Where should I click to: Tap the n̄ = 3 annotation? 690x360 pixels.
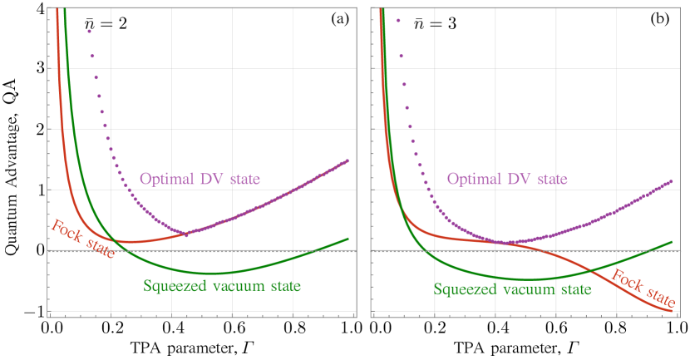tap(433, 22)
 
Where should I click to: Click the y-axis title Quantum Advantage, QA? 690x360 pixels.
tap(15, 160)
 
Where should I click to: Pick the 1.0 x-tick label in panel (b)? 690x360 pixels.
tap(671, 328)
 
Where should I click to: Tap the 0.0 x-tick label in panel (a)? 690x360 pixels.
tap(50, 328)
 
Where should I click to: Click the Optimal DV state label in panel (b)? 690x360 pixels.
tap(506, 179)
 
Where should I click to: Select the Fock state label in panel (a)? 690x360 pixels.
tap(84, 239)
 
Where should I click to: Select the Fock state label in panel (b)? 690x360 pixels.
tap(648, 287)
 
